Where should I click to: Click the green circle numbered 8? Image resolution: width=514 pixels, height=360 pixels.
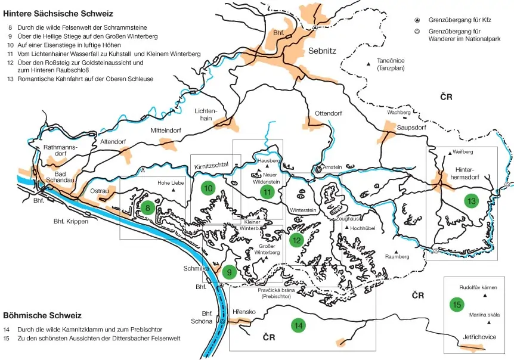[x=147, y=207]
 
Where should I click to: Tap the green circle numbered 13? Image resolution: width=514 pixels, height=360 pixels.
[x=472, y=200]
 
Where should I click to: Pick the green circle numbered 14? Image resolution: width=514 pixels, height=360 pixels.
[x=298, y=325]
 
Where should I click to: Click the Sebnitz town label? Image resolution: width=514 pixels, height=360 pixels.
[x=323, y=51]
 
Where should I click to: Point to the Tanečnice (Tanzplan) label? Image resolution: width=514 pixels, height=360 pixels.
[x=391, y=64]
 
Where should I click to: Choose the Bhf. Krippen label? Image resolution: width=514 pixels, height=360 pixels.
[x=70, y=221]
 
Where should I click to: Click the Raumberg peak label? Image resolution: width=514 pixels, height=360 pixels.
[x=398, y=256]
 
